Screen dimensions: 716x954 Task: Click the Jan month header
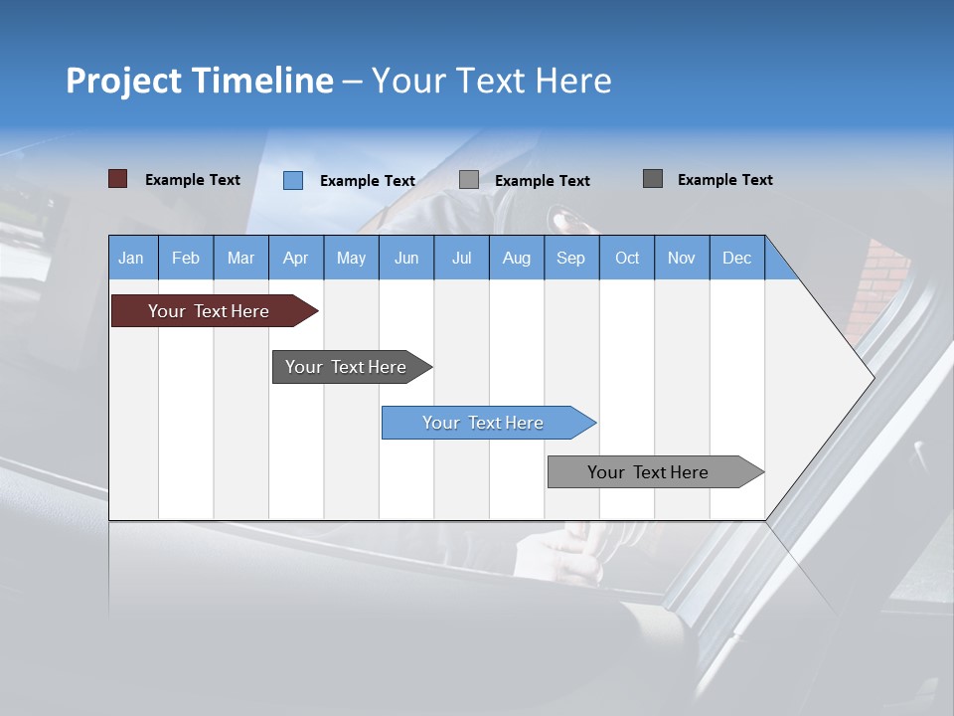pos(131,258)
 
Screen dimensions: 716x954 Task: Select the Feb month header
pos(186,258)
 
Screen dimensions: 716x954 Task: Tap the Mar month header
pos(240,258)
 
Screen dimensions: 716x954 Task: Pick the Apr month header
pos(296,258)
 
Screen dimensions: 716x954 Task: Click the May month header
pos(351,258)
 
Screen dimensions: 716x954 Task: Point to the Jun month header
pos(406,258)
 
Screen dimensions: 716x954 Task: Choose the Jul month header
pos(461,258)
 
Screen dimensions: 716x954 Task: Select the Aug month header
pos(517,258)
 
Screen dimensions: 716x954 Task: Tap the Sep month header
pos(571,258)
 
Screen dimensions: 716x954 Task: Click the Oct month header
pos(627,258)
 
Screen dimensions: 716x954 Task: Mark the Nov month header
pos(682,258)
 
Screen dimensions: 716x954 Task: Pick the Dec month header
pos(737,258)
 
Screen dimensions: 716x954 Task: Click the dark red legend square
pos(118,179)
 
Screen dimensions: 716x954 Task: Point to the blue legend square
pos(293,180)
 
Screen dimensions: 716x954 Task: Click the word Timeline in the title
pos(261,81)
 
